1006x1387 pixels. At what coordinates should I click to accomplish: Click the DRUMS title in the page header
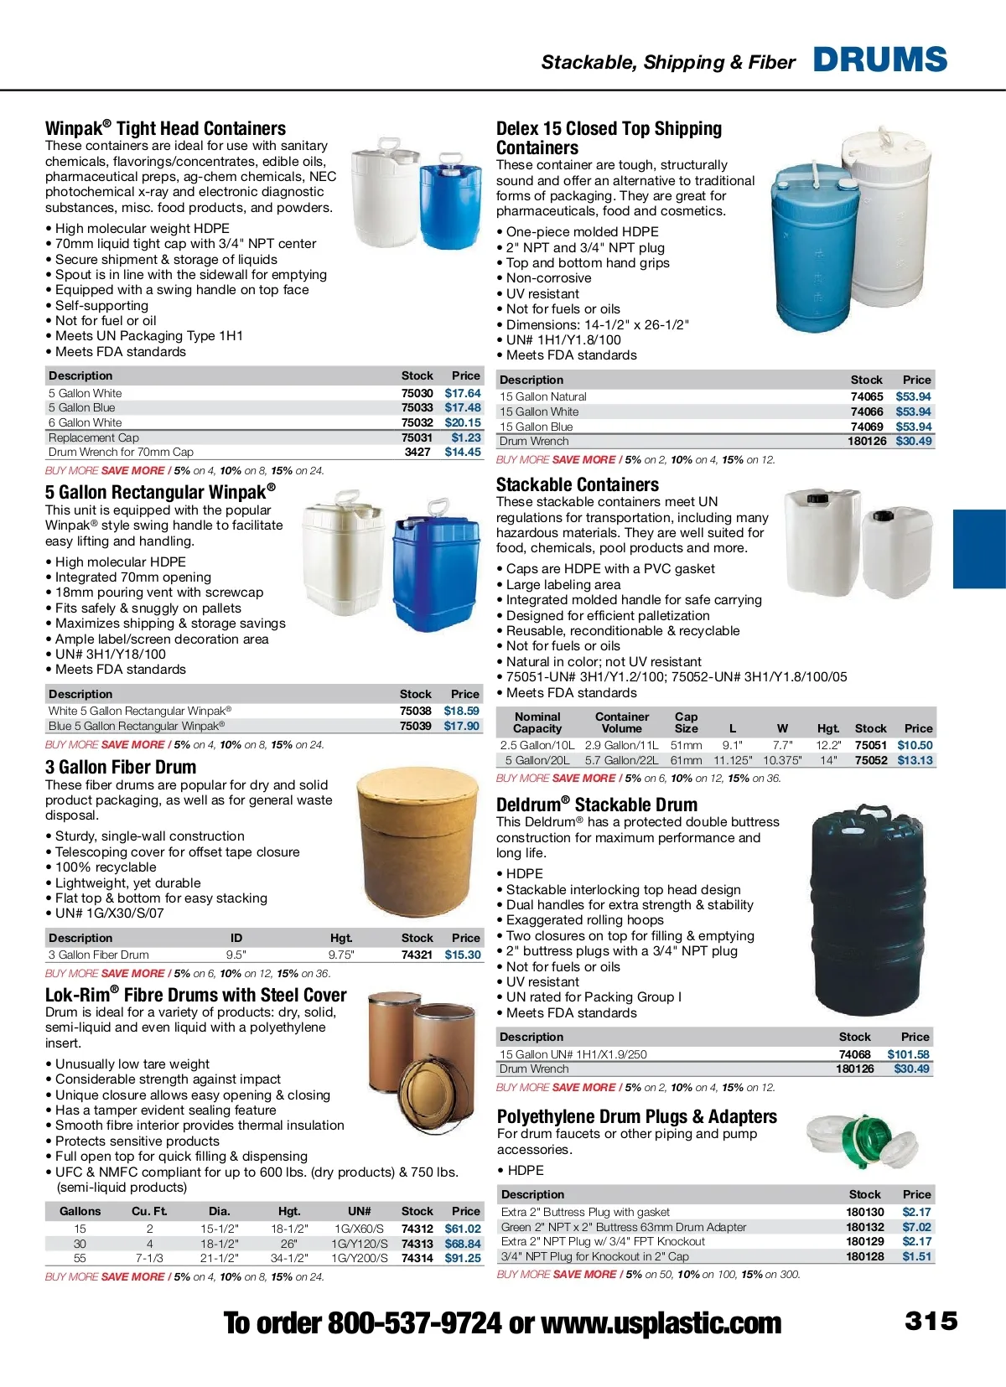tap(880, 60)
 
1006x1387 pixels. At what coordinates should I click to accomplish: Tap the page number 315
tap(931, 1321)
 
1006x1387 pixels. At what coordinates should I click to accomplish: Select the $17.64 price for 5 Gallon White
tap(463, 393)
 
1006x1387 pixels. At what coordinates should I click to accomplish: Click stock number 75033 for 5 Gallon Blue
tap(417, 408)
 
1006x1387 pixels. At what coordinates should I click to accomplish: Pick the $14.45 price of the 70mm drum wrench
tap(463, 452)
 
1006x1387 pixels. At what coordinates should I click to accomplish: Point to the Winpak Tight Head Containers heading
tap(165, 128)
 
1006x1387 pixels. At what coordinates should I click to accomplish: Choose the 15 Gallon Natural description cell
tap(543, 396)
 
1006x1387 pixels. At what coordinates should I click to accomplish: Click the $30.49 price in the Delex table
tap(913, 441)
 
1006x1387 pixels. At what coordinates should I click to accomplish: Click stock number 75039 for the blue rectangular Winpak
tap(415, 726)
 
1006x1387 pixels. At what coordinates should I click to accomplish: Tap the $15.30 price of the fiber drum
tap(463, 955)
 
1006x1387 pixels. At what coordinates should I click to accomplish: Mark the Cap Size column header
tap(686, 722)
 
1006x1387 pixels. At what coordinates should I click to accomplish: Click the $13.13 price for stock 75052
tap(915, 760)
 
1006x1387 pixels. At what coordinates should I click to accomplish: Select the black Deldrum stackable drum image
tap(869, 909)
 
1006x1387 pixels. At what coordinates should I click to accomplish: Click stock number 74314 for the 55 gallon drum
tap(417, 1258)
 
